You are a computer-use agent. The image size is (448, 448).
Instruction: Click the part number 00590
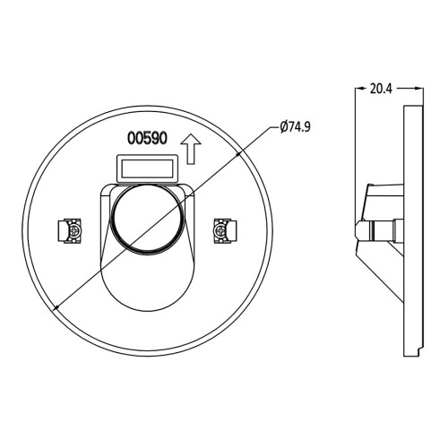[x=147, y=140]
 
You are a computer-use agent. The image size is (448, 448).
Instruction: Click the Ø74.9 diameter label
[x=294, y=128]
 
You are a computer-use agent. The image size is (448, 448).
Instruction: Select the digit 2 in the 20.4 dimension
[x=372, y=88]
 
